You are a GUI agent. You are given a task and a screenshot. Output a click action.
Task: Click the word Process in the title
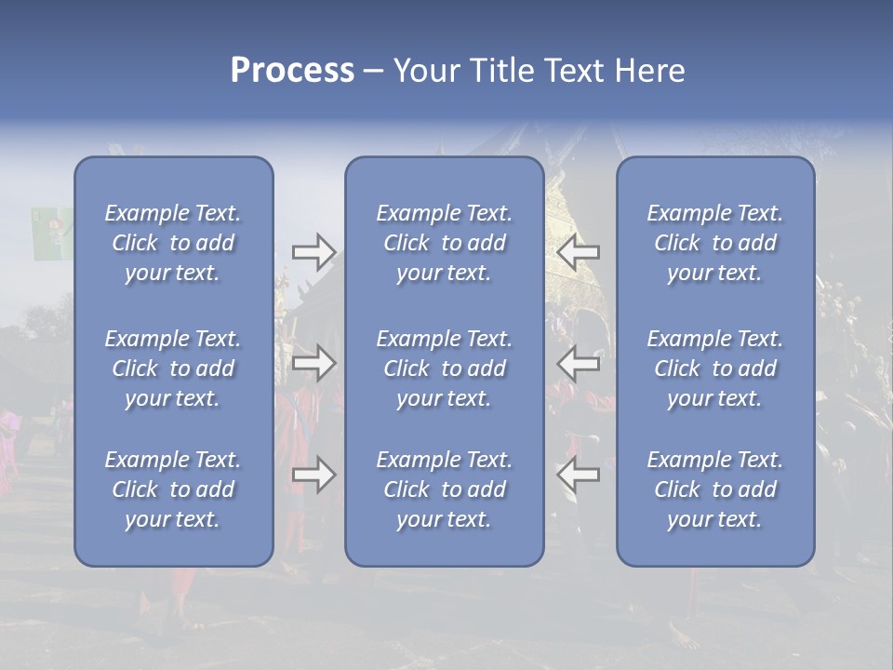(x=292, y=70)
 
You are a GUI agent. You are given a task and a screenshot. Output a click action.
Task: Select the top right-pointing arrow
(x=314, y=251)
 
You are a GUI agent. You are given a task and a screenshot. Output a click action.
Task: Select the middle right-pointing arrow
(x=314, y=363)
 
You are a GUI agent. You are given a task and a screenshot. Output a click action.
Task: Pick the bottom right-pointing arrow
(x=314, y=475)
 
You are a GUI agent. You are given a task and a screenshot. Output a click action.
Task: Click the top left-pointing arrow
(x=578, y=251)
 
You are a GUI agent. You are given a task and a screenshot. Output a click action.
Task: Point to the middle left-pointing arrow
(x=578, y=363)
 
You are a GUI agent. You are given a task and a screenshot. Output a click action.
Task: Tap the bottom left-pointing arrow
(x=578, y=475)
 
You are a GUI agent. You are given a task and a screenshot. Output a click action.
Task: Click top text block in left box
(x=173, y=243)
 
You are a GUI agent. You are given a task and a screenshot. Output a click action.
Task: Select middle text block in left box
(x=173, y=368)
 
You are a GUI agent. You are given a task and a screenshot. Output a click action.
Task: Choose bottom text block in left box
(x=173, y=489)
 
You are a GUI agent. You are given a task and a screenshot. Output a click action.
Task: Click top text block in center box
(x=445, y=243)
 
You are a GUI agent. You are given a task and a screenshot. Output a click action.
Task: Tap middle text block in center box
(x=445, y=368)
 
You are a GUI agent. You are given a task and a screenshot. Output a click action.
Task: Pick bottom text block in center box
(x=445, y=489)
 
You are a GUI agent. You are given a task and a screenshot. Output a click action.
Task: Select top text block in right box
(x=715, y=243)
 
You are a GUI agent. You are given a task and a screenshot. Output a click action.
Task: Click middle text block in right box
(x=715, y=368)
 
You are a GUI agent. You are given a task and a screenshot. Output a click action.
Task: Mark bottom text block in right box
(x=715, y=489)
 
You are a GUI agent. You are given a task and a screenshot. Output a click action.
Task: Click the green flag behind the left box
(x=51, y=233)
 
